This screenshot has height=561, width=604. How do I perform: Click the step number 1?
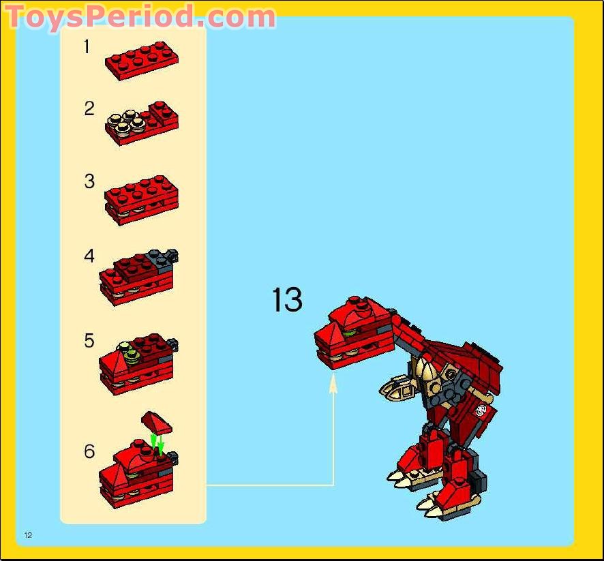click(x=87, y=46)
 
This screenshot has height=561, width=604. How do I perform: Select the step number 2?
click(x=89, y=108)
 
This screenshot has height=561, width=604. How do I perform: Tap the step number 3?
click(x=89, y=181)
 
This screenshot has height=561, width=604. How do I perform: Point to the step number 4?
click(x=89, y=256)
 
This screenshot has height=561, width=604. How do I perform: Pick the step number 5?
click(x=89, y=341)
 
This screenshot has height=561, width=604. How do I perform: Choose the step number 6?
click(x=89, y=451)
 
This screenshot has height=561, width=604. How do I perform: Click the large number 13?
click(x=287, y=299)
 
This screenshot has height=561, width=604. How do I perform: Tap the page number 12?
click(x=28, y=535)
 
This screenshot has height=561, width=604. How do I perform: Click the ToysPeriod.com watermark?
click(x=140, y=16)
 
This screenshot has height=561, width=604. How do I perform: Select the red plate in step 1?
click(x=142, y=61)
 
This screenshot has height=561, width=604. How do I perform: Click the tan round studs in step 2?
click(x=127, y=121)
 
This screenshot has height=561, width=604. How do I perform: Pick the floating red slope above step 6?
click(x=156, y=421)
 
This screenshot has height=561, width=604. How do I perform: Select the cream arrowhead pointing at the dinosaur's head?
click(x=333, y=384)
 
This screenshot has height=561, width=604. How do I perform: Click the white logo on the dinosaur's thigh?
click(x=481, y=410)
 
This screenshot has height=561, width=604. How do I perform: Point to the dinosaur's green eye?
click(x=348, y=331)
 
